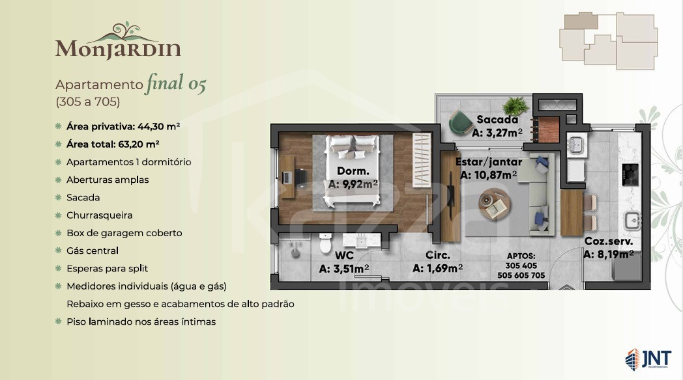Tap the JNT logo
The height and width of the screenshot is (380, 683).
point(648,359)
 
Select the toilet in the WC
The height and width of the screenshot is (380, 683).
point(325,243)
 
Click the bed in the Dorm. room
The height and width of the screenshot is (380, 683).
point(353,170)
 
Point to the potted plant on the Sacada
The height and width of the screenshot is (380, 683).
point(516,105)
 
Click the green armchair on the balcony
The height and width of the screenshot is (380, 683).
point(460,122)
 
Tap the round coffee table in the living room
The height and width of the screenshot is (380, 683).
point(495,204)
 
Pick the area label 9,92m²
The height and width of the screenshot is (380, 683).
point(353,184)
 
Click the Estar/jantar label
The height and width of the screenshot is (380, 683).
point(489,162)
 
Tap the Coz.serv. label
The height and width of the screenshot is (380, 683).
point(609,241)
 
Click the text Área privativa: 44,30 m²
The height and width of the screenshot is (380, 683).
point(123,126)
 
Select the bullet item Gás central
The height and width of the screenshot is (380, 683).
point(93,251)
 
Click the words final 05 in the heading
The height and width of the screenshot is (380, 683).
point(176,83)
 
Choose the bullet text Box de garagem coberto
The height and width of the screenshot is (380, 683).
point(124,233)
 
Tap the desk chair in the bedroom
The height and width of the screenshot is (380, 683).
point(300,178)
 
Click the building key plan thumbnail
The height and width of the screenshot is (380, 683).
point(609,41)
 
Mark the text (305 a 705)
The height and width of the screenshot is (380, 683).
point(87,102)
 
